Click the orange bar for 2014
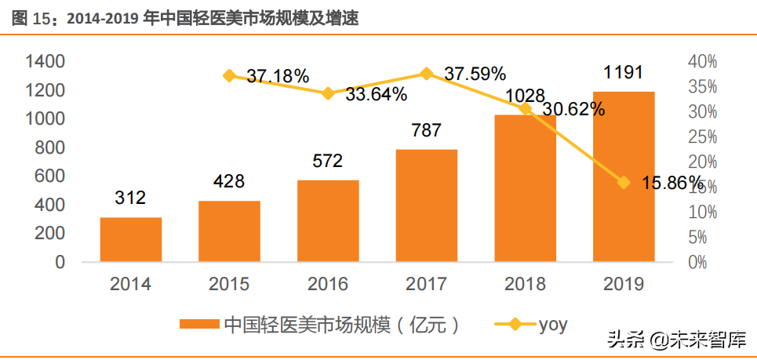pos(131,239)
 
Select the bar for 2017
pos(427,205)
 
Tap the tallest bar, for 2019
pos(624,176)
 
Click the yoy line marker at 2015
pos(229,76)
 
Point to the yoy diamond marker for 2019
pos(624,183)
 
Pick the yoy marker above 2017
pos(427,74)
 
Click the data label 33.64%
pos(376,95)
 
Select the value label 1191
pos(624,73)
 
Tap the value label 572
pos(328,161)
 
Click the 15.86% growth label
pos(671,183)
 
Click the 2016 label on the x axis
pos(328,284)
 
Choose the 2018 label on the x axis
pos(525,284)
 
